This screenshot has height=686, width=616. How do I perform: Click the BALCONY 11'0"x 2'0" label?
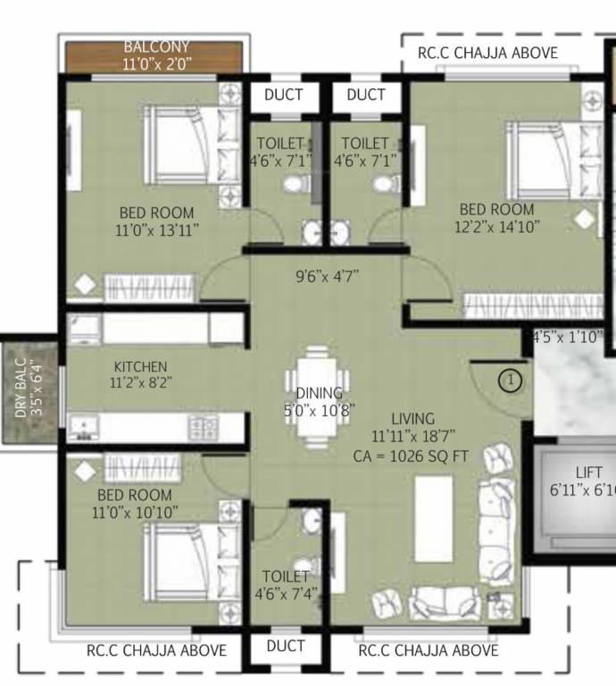(157, 55)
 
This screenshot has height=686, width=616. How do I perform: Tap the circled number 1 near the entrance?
(510, 381)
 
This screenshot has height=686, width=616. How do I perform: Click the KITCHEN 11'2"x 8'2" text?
(140, 374)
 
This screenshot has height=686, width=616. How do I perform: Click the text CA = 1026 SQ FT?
(411, 455)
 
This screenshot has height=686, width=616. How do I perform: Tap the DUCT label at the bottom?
(286, 647)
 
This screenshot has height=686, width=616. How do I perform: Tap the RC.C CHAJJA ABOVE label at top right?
(487, 53)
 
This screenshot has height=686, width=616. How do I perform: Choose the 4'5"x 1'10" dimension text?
(568, 338)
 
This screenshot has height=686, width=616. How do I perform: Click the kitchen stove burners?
(200, 427)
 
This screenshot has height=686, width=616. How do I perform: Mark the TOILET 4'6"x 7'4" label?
(286, 584)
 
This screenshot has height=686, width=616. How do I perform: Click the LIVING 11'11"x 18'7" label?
(412, 427)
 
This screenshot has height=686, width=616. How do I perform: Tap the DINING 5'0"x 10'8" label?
(319, 401)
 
